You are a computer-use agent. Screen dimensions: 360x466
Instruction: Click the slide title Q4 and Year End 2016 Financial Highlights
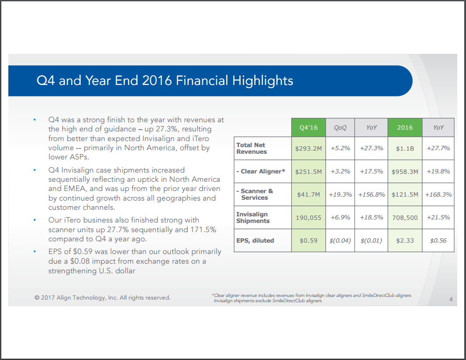165,81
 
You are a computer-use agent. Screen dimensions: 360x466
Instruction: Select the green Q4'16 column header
309,127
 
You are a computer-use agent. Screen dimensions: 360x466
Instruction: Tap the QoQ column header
340,127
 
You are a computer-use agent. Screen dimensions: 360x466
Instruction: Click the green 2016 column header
405,127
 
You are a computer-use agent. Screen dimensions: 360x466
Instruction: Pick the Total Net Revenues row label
252,148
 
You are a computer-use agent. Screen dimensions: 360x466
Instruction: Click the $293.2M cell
309,148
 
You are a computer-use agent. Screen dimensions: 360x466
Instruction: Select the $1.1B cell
405,148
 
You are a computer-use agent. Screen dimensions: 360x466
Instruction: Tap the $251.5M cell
309,171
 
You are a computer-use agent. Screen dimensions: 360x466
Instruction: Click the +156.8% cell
372,194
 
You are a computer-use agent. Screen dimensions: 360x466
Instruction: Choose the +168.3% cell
438,194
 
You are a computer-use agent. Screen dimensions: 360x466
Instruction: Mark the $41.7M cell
309,194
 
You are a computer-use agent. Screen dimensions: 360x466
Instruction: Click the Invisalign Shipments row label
253,218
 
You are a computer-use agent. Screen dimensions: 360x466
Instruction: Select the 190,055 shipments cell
309,218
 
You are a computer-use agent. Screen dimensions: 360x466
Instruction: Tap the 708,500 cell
405,218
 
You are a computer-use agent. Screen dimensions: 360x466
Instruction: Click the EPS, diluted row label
255,240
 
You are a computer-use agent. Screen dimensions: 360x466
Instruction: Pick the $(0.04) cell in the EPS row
340,240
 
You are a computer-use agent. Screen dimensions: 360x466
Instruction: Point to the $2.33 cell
405,240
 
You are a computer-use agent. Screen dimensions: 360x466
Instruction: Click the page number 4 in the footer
451,300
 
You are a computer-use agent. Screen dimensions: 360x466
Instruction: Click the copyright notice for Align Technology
103,298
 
